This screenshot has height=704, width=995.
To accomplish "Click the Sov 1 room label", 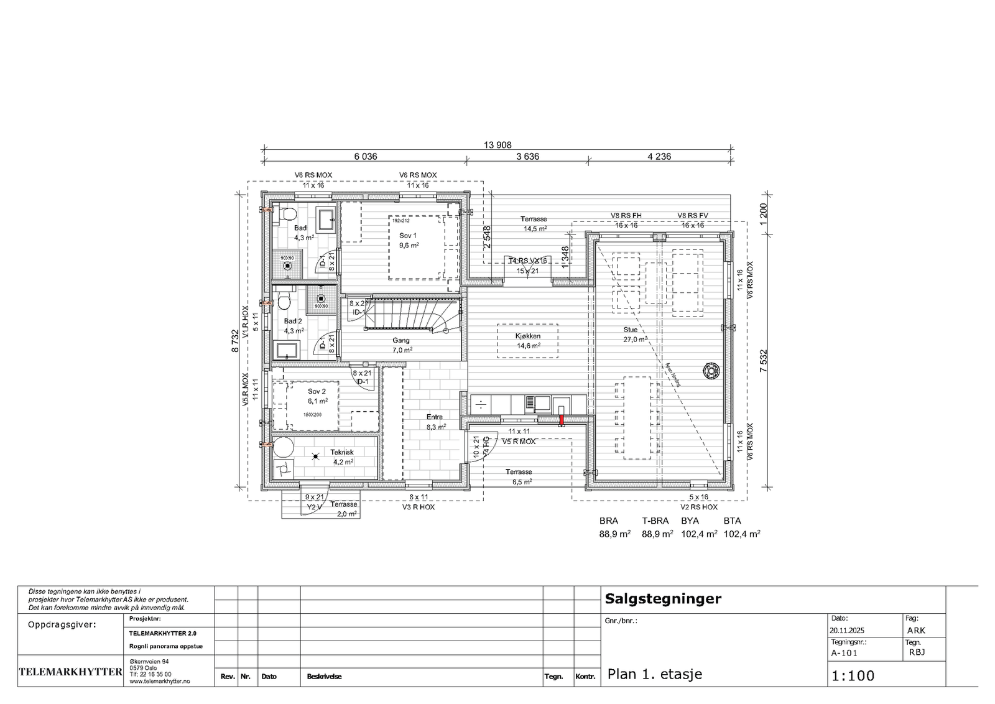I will pyautogui.click(x=408, y=236).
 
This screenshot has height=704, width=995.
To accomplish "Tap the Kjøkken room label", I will pyautogui.click(x=527, y=336).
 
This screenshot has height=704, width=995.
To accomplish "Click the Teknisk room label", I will pyautogui.click(x=342, y=453).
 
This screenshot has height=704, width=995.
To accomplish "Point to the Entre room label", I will pyautogui.click(x=435, y=417).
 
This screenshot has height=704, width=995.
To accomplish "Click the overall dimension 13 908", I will pyautogui.click(x=497, y=145).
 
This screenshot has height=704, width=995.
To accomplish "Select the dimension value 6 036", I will pyautogui.click(x=366, y=157).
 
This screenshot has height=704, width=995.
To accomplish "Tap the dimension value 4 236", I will pyautogui.click(x=659, y=157).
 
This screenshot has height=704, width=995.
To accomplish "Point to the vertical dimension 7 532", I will pyautogui.click(x=764, y=361).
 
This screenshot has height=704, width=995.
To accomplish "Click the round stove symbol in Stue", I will pyautogui.click(x=710, y=371).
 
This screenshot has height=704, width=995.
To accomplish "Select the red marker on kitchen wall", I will pyautogui.click(x=561, y=420).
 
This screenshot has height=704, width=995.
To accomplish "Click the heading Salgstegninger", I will pyautogui.click(x=663, y=599).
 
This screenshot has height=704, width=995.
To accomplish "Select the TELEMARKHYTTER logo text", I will pyautogui.click(x=70, y=672).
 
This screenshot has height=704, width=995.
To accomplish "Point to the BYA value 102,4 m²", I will pyautogui.click(x=699, y=534).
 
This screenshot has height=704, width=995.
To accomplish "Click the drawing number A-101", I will pyautogui.click(x=844, y=653).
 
